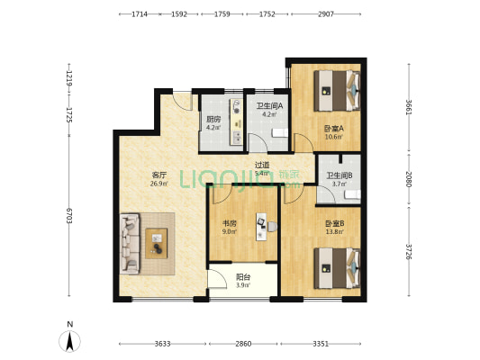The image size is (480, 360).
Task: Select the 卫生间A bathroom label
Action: point(269,106)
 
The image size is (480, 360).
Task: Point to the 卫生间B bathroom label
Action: point(339,175)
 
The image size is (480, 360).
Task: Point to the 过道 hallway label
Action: point(262,165)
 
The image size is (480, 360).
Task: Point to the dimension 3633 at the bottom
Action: point(161,344)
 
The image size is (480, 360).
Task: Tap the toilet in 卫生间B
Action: point(356,191)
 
